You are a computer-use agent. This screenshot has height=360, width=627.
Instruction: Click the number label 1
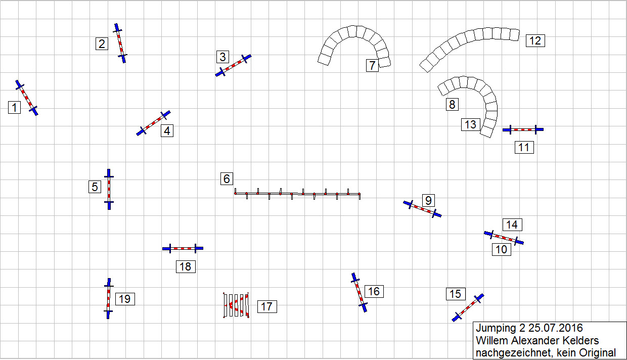tap(14, 108)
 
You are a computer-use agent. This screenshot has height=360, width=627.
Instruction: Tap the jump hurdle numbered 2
tap(120, 43)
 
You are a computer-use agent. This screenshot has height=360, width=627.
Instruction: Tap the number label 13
tap(471, 124)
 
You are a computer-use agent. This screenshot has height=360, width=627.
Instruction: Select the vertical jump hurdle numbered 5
tap(109, 189)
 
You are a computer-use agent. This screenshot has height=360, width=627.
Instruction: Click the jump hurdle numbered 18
tap(183, 248)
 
